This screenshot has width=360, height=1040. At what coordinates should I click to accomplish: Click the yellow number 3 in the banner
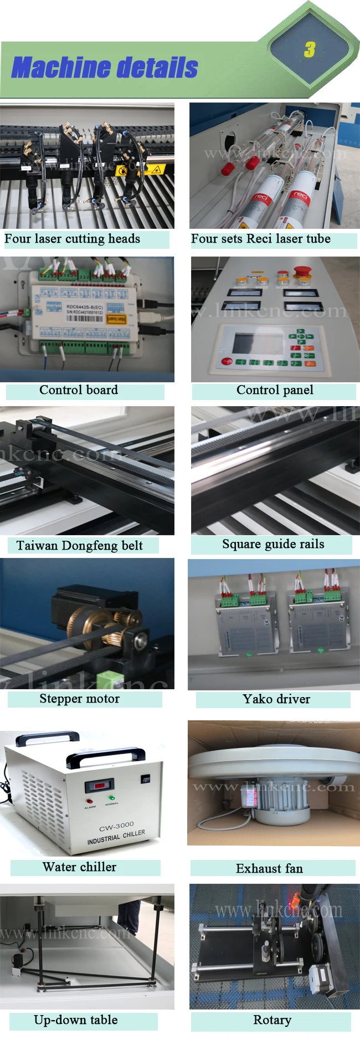click(310, 50)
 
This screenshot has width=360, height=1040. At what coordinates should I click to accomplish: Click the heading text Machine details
click(105, 68)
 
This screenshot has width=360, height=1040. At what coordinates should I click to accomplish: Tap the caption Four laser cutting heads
click(72, 239)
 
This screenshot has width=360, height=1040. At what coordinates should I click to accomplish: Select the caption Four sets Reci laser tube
click(260, 239)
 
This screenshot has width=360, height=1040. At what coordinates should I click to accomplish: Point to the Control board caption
click(79, 390)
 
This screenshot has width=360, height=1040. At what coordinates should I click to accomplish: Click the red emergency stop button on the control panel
click(301, 272)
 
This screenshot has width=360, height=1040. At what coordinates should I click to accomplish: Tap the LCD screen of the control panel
click(250, 344)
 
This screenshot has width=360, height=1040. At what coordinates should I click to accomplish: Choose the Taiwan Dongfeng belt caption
click(79, 546)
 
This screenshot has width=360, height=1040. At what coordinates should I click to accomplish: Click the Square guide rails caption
click(273, 544)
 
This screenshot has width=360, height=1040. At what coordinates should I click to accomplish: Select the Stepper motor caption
click(79, 699)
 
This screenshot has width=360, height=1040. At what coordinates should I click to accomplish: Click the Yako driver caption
click(276, 699)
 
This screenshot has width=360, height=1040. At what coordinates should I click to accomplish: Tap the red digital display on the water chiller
click(99, 786)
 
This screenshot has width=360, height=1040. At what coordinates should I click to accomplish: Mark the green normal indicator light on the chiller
click(112, 798)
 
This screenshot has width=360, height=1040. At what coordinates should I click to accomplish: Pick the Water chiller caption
click(79, 867)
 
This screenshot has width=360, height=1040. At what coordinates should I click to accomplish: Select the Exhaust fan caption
click(269, 868)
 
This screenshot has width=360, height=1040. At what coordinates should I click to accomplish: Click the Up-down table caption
click(76, 1020)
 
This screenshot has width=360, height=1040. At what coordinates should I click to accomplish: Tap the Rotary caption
click(272, 1020)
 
